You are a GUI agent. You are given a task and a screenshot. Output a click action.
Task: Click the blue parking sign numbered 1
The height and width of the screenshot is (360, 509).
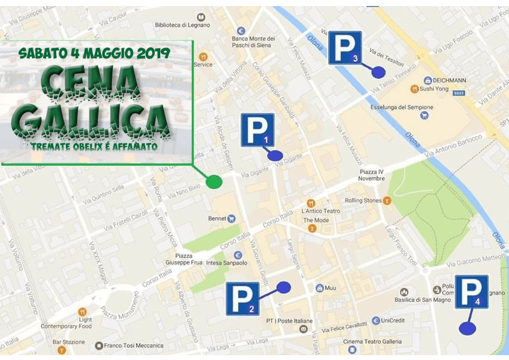[258, 129]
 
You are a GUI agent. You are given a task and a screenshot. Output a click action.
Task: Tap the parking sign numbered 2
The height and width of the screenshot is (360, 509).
[243, 298]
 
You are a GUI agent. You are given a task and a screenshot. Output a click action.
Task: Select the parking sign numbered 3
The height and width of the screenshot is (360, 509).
[345, 48]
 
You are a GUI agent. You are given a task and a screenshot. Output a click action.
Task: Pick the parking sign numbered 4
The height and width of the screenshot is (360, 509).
[472, 292]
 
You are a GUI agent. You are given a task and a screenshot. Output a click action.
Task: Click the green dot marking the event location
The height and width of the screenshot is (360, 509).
[214, 182]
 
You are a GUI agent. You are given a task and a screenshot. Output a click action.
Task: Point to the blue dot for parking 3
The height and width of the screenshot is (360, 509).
[378, 72]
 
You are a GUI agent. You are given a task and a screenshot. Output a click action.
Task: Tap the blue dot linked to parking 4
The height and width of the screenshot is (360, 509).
[467, 329]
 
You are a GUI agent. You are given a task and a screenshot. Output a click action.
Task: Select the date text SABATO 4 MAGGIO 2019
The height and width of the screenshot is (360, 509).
[94, 53]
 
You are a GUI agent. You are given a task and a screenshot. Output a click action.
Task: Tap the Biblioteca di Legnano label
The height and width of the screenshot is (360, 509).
[182, 25]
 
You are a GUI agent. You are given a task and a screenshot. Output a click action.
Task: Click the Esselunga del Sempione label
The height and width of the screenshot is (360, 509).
[398, 108]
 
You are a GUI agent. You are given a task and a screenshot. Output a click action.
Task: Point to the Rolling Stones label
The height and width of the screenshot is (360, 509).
[363, 200]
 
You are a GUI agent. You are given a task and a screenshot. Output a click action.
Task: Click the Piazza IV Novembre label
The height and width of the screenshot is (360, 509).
[371, 175]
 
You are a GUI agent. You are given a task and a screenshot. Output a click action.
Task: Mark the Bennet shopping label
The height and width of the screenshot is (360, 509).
[217, 218]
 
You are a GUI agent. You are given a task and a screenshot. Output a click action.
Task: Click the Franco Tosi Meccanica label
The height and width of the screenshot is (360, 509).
[133, 345]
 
